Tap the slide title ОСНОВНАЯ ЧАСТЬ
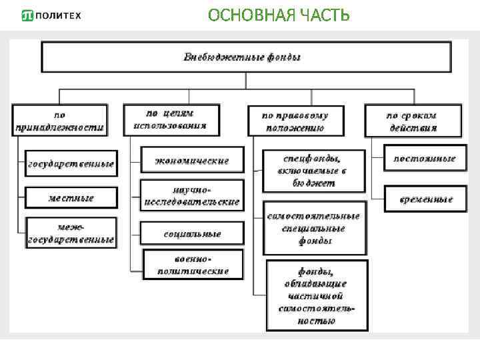(x=278, y=15)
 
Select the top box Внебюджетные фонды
(x=246, y=57)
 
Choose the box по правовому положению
(x=295, y=121)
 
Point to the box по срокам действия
(x=413, y=121)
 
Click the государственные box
(x=71, y=163)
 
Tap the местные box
(x=71, y=198)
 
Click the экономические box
(x=192, y=161)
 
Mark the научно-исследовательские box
(x=192, y=195)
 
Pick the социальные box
(x=192, y=234)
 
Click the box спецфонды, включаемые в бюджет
(x=314, y=171)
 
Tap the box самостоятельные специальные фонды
(x=314, y=228)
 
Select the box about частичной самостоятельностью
(x=317, y=295)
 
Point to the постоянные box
(x=424, y=159)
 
